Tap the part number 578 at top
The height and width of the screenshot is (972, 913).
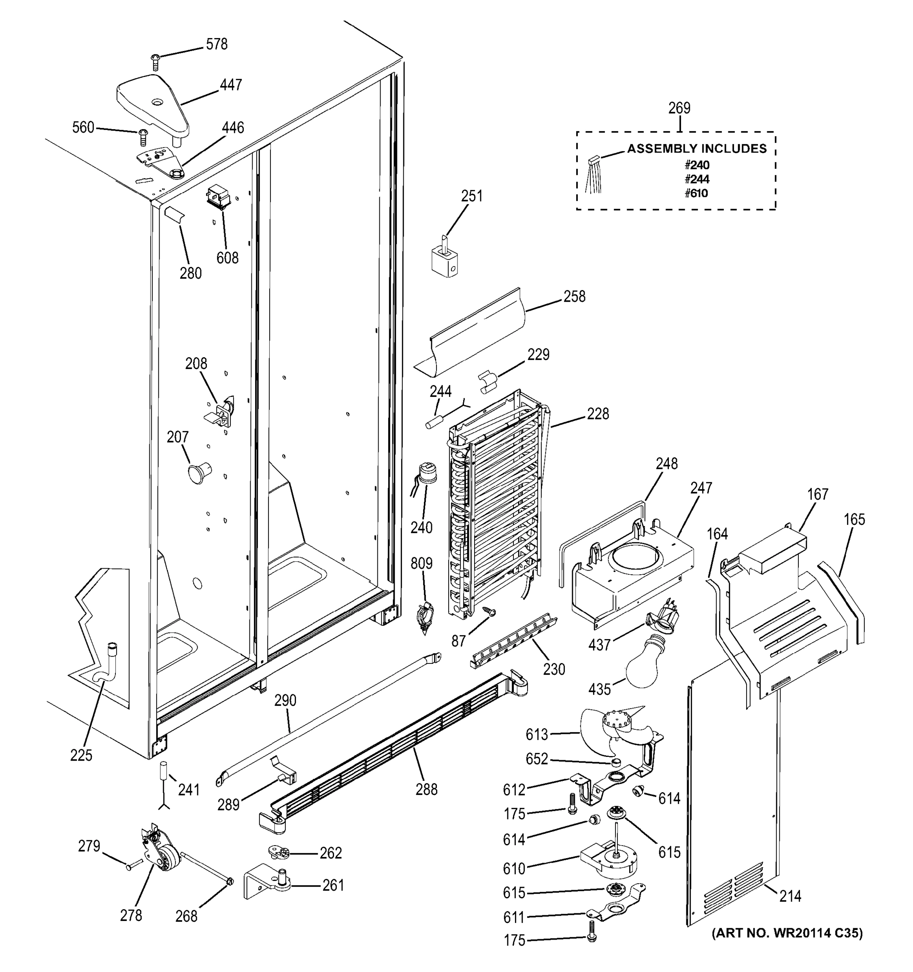pos(217,45)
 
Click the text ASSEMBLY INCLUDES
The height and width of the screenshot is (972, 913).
pos(696,149)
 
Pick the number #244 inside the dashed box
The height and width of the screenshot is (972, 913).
pos(696,179)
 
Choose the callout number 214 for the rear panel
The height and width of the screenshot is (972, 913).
pos(790,896)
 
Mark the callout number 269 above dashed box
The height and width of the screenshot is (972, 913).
pos(679,108)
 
